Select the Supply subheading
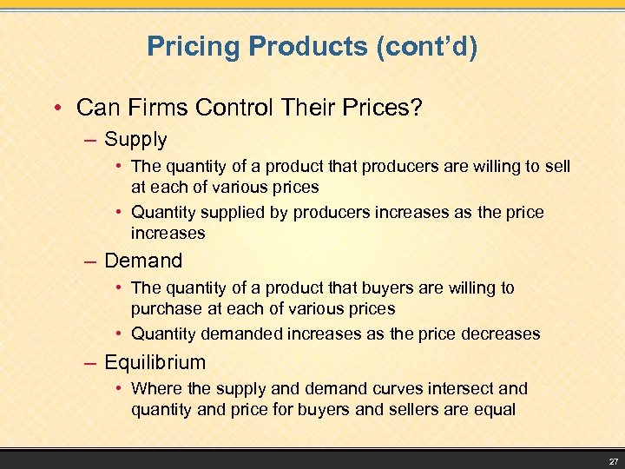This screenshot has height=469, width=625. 135,139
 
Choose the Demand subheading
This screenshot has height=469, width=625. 143,261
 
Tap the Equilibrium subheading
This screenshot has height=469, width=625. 155,362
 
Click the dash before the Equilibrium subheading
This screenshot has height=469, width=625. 94,362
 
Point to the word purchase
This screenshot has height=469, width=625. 164,308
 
